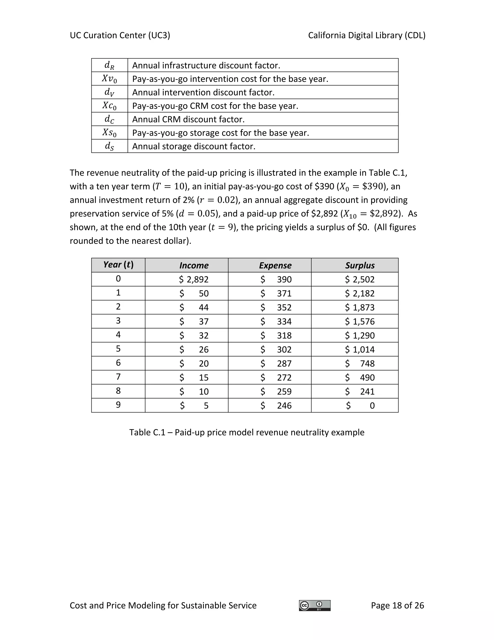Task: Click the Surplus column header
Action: click(x=360, y=265)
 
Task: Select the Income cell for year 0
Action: click(x=194, y=279)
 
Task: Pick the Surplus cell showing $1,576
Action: click(x=360, y=321)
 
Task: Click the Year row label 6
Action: click(x=118, y=363)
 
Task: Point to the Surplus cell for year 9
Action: click(x=360, y=405)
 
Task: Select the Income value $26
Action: click(x=194, y=349)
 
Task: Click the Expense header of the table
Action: click(x=275, y=265)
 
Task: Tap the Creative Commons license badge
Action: click(x=315, y=605)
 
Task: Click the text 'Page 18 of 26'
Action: click(x=397, y=605)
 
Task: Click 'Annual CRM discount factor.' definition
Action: click(x=188, y=120)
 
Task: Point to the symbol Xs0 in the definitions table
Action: click(x=110, y=133)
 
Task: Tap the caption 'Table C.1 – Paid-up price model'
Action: click(x=247, y=432)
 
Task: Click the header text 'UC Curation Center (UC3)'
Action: click(x=120, y=36)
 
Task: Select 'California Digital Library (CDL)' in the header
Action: click(x=366, y=36)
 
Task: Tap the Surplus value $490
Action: click(x=360, y=377)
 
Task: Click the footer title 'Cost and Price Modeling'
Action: click(x=163, y=605)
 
